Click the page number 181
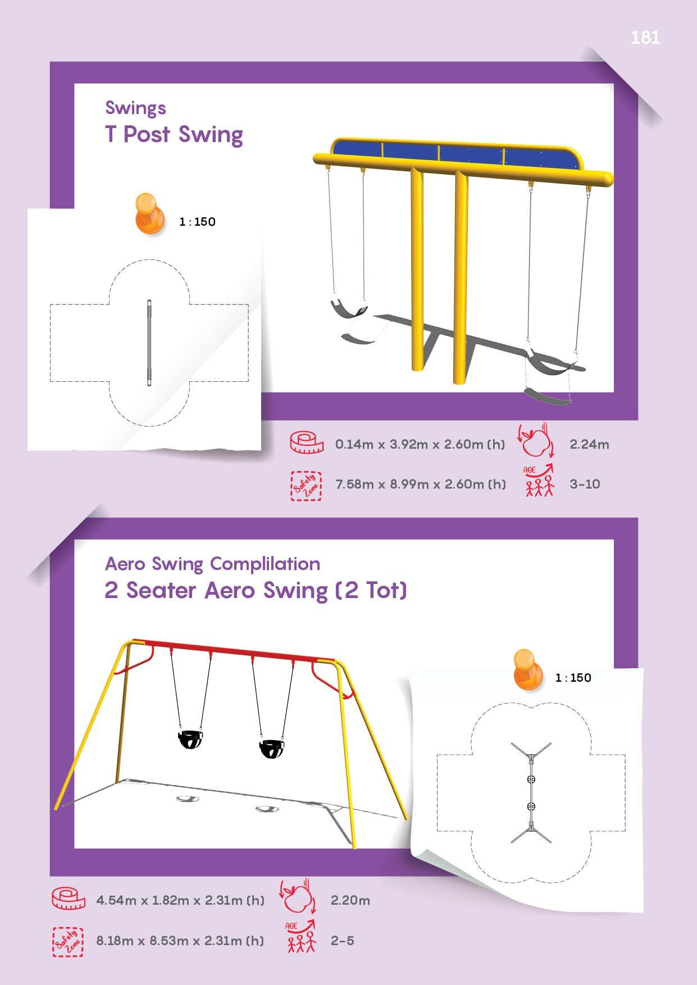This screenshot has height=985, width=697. [645, 38]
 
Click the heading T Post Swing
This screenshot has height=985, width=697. [174, 135]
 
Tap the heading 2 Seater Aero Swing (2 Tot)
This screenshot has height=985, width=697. [256, 591]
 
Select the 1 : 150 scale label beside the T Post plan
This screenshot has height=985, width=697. [197, 222]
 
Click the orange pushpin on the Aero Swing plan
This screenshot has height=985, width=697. [529, 669]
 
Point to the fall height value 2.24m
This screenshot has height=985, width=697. [589, 444]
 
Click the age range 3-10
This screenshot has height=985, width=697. [585, 484]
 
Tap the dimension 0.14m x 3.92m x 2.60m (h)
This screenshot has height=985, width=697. [420, 444]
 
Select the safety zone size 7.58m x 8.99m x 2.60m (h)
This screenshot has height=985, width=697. [421, 484]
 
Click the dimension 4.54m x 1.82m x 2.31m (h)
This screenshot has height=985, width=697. [180, 900]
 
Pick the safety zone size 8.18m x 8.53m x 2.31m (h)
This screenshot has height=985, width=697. [180, 941]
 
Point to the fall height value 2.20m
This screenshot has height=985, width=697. [350, 900]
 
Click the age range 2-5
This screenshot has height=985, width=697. [343, 941]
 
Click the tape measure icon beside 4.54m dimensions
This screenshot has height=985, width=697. [68, 899]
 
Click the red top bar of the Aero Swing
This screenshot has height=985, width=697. [233, 650]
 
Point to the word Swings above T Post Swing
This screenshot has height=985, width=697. [135, 108]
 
